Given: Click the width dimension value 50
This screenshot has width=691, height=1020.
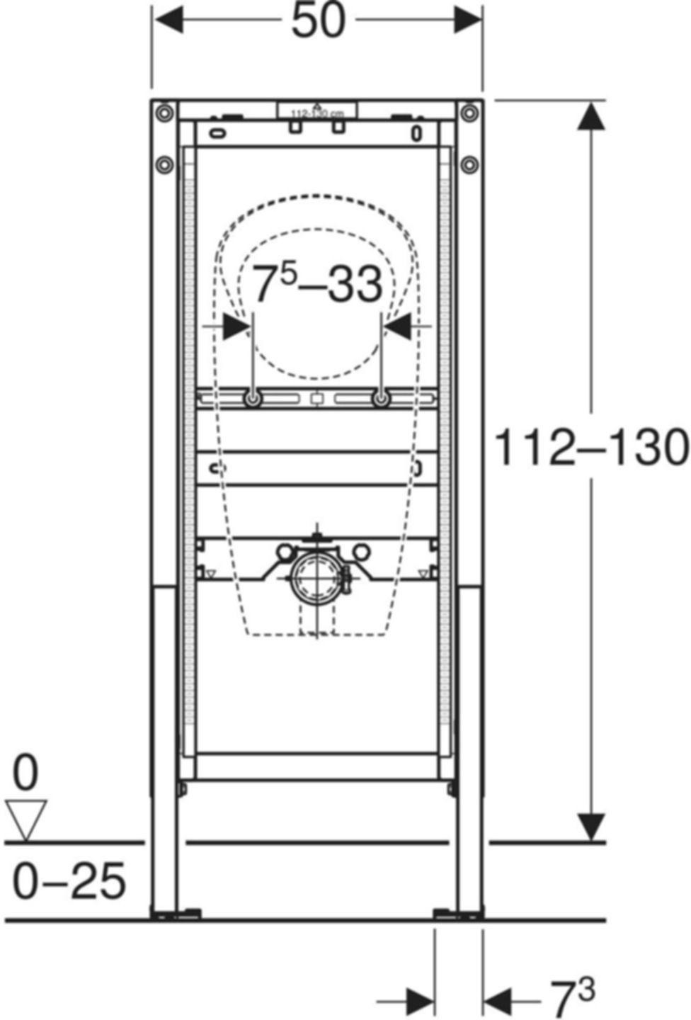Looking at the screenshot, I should [x=318, y=21].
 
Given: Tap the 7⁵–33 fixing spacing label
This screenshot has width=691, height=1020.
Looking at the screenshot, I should [x=317, y=285].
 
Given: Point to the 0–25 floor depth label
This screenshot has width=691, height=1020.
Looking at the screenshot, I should [x=69, y=881].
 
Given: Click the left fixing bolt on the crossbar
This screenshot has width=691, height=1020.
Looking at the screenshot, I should [x=252, y=400].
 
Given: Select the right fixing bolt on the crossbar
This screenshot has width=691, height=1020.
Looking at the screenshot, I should [x=382, y=400].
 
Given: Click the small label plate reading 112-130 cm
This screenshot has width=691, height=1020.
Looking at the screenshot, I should [x=316, y=112].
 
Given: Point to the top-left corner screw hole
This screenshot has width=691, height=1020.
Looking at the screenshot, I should [x=164, y=113].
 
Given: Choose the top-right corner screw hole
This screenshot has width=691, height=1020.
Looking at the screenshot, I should [x=469, y=113].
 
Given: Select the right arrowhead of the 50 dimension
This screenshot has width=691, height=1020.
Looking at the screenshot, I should [x=467, y=21].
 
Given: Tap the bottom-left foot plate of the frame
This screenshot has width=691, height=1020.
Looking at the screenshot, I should [x=177, y=914].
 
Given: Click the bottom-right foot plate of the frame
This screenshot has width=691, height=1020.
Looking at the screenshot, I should [x=457, y=914].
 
